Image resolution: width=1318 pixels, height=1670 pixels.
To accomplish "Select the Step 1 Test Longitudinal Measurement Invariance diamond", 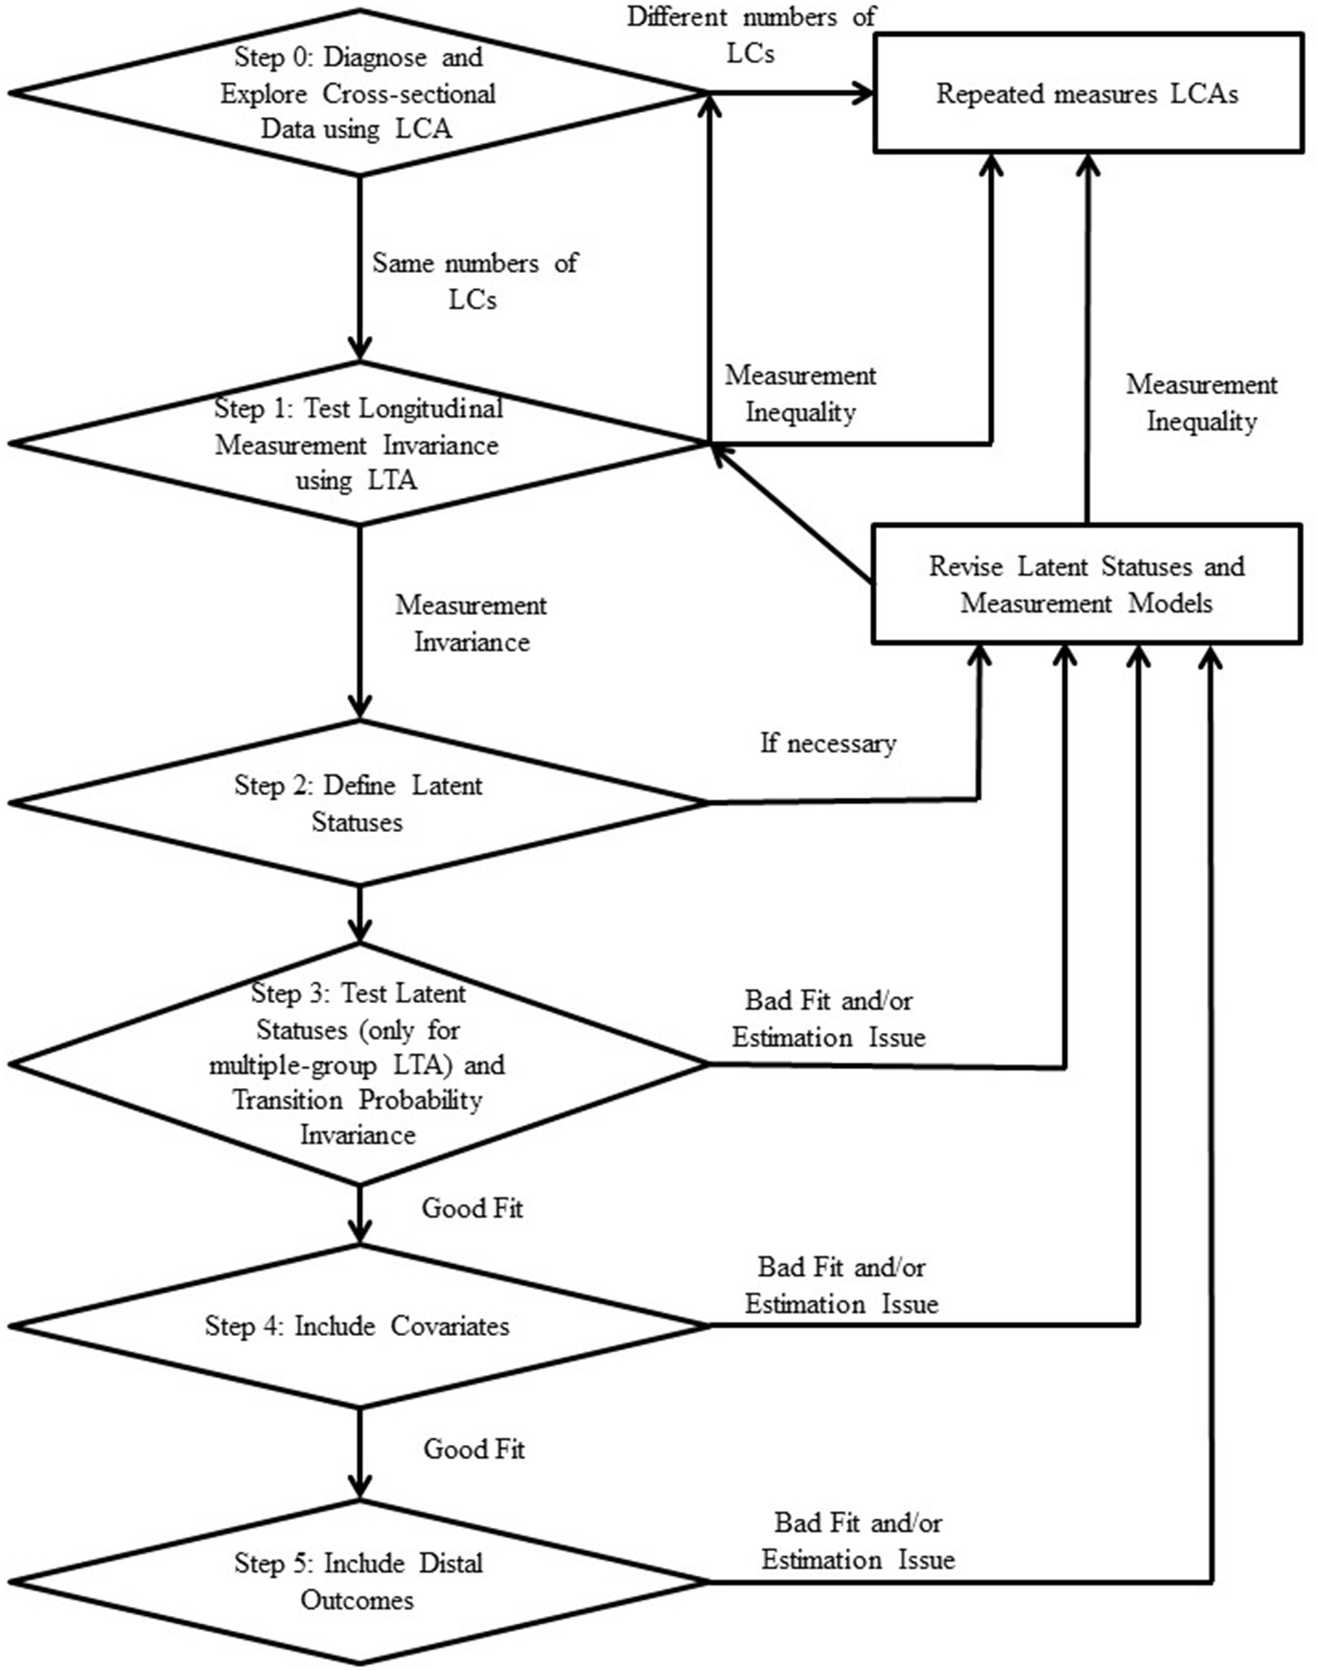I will click(358, 445).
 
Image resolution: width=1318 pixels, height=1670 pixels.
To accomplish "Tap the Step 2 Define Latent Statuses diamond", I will click(358, 803).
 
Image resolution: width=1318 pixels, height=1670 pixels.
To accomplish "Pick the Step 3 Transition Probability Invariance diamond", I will click(358, 1064).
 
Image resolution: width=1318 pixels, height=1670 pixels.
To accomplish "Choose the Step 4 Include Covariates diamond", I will click(358, 1325).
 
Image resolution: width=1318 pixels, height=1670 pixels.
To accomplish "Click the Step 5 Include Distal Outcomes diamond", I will click(358, 1582).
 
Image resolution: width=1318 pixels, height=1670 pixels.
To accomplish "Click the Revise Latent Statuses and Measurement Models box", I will click(1087, 584).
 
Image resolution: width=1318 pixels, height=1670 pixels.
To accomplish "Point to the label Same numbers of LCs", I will click(474, 281).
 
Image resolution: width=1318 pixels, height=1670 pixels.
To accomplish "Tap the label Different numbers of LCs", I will click(750, 35).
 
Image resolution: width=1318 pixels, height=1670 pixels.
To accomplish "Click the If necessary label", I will click(828, 744).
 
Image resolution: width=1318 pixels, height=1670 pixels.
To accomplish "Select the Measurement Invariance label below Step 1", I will click(471, 623).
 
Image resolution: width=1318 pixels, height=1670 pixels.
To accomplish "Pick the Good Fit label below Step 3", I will click(472, 1208).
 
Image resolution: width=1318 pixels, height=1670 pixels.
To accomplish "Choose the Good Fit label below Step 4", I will click(473, 1448).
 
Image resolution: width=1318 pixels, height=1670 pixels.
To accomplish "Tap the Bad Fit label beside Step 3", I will click(828, 1018).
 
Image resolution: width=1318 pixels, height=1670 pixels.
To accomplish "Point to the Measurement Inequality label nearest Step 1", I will click(800, 394).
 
